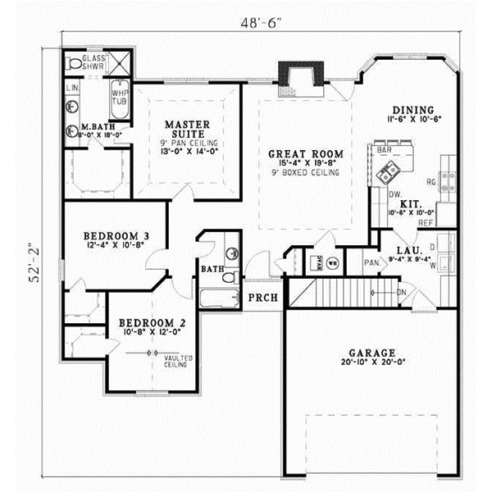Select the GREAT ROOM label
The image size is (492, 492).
305,154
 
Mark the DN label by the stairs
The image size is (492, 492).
402,293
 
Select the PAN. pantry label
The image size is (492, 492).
371,263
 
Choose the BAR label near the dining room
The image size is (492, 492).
382,151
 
